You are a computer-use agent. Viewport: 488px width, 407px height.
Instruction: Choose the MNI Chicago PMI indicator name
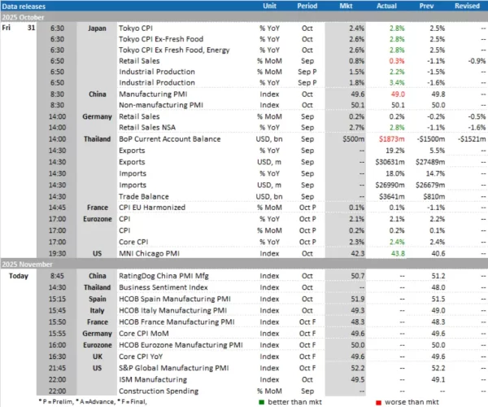pyautogui.click(x=165, y=252)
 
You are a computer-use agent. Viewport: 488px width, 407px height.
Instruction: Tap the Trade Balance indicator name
pyautogui.click(x=158, y=195)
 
